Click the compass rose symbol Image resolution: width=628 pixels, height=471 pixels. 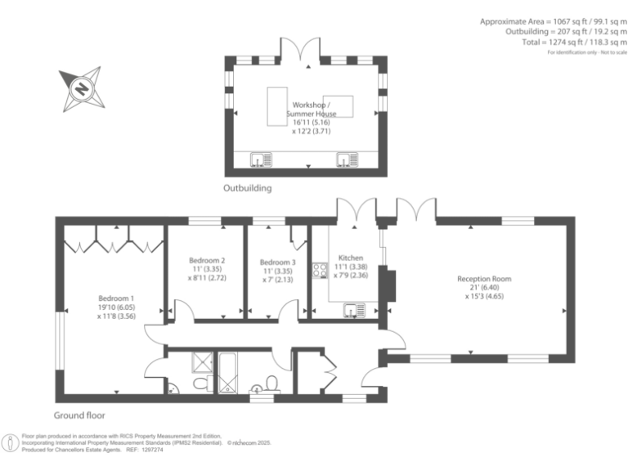point(80,87)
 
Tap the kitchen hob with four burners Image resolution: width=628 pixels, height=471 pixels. point(317,269)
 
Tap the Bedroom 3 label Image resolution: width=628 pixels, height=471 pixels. point(277,262)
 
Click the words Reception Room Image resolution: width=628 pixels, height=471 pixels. point(484,279)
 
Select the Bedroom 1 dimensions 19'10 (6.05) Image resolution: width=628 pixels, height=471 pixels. point(116,307)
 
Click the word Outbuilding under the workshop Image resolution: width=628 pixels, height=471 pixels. point(248,188)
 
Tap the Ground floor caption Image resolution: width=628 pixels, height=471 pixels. point(79,415)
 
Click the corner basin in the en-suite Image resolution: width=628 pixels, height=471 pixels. point(170,389)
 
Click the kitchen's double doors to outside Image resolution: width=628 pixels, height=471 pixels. point(357,210)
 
